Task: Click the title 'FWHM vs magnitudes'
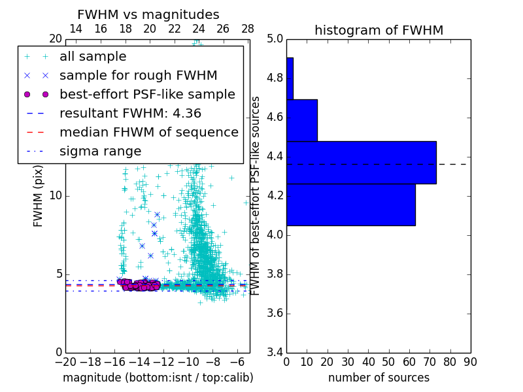[x=148, y=14]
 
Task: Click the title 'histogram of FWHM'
[x=379, y=30]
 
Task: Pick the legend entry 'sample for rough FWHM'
[x=138, y=76]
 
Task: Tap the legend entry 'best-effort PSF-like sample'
[x=147, y=95]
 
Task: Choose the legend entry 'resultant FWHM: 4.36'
[x=130, y=114]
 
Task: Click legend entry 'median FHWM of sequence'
[x=148, y=133]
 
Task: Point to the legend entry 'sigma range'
[x=100, y=152]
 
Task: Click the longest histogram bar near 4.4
[x=361, y=163]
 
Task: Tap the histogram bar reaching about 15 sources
[x=301, y=120]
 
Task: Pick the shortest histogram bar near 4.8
[x=290, y=78]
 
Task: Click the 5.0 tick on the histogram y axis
[x=275, y=39]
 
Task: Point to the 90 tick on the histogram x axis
[x=469, y=362]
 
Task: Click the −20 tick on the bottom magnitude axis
[x=65, y=362]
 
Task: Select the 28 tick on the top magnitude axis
[x=248, y=29]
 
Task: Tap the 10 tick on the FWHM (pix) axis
[x=56, y=195]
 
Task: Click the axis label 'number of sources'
[x=379, y=378]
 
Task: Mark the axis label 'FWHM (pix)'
[x=39, y=196]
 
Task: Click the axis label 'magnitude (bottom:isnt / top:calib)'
[x=158, y=378]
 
